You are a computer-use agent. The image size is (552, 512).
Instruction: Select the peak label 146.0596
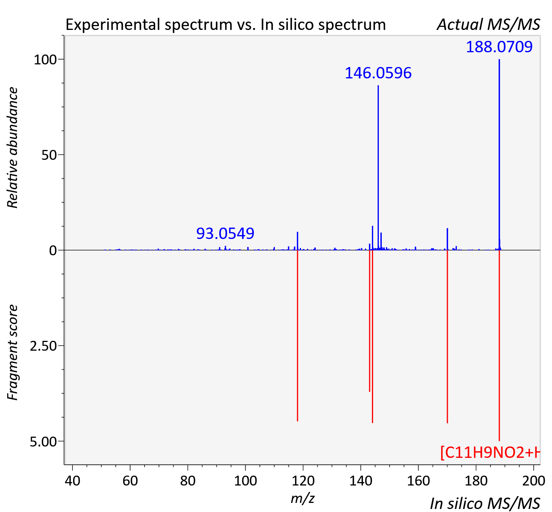click(x=378, y=73)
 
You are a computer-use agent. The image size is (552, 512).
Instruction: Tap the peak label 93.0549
click(x=225, y=233)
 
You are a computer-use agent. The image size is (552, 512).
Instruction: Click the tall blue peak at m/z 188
click(x=499, y=155)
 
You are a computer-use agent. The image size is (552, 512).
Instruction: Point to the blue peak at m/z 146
click(x=378, y=168)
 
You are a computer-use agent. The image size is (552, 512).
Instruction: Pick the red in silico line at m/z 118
click(x=297, y=336)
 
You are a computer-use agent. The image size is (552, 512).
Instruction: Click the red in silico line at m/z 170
click(x=447, y=337)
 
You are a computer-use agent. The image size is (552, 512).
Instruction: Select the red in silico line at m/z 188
click(x=499, y=345)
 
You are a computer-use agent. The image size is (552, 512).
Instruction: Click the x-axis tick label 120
click(x=303, y=481)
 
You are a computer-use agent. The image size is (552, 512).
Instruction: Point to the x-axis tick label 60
click(x=130, y=481)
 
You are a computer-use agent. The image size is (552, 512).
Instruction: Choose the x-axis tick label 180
click(x=476, y=481)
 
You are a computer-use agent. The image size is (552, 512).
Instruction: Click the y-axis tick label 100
click(x=45, y=60)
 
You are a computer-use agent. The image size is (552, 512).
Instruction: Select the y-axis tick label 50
click(x=49, y=155)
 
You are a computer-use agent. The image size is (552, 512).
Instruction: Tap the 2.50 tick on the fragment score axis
click(x=43, y=346)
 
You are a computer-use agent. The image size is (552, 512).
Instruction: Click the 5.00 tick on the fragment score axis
click(x=43, y=442)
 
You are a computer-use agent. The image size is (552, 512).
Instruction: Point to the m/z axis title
click(x=303, y=498)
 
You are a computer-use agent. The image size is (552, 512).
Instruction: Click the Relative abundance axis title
click(x=13, y=147)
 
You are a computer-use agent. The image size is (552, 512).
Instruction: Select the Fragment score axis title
click(x=13, y=352)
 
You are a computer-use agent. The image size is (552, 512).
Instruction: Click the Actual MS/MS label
click(x=488, y=25)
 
